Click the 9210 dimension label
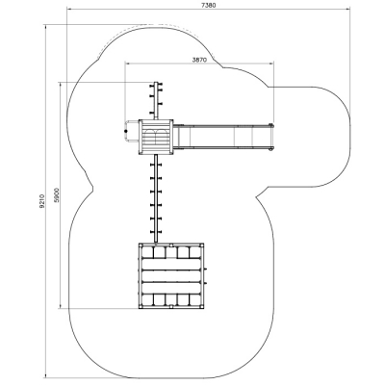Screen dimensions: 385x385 (41, 201)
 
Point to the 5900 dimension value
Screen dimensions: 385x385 (57, 195)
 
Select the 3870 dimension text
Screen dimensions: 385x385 (199, 60)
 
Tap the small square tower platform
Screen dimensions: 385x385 (156, 137)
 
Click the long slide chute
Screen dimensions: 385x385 (223, 137)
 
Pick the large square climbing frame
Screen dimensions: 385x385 (171, 276)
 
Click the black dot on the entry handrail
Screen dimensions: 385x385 (126, 131)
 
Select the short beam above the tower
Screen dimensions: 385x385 (156, 100)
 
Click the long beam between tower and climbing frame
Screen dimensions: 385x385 (156, 198)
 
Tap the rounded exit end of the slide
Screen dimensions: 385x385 (271, 137)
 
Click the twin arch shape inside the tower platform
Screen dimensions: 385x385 (156, 134)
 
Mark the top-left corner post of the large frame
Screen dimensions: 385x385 (141, 244)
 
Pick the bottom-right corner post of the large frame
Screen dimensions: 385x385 (202, 307)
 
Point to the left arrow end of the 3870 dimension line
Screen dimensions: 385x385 (124, 64)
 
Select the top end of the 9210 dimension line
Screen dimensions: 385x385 (45, 24)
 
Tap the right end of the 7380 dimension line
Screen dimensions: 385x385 (349, 10)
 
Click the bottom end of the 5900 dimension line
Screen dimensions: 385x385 (61, 308)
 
